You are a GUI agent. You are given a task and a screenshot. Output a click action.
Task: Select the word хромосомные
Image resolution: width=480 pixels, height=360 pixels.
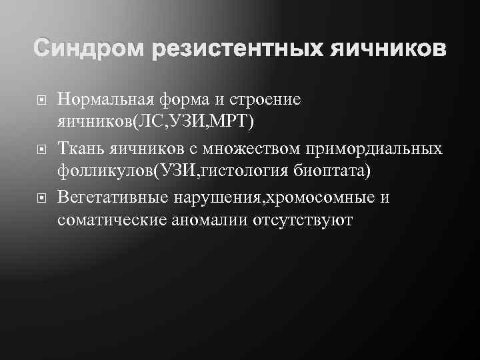[314, 198]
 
